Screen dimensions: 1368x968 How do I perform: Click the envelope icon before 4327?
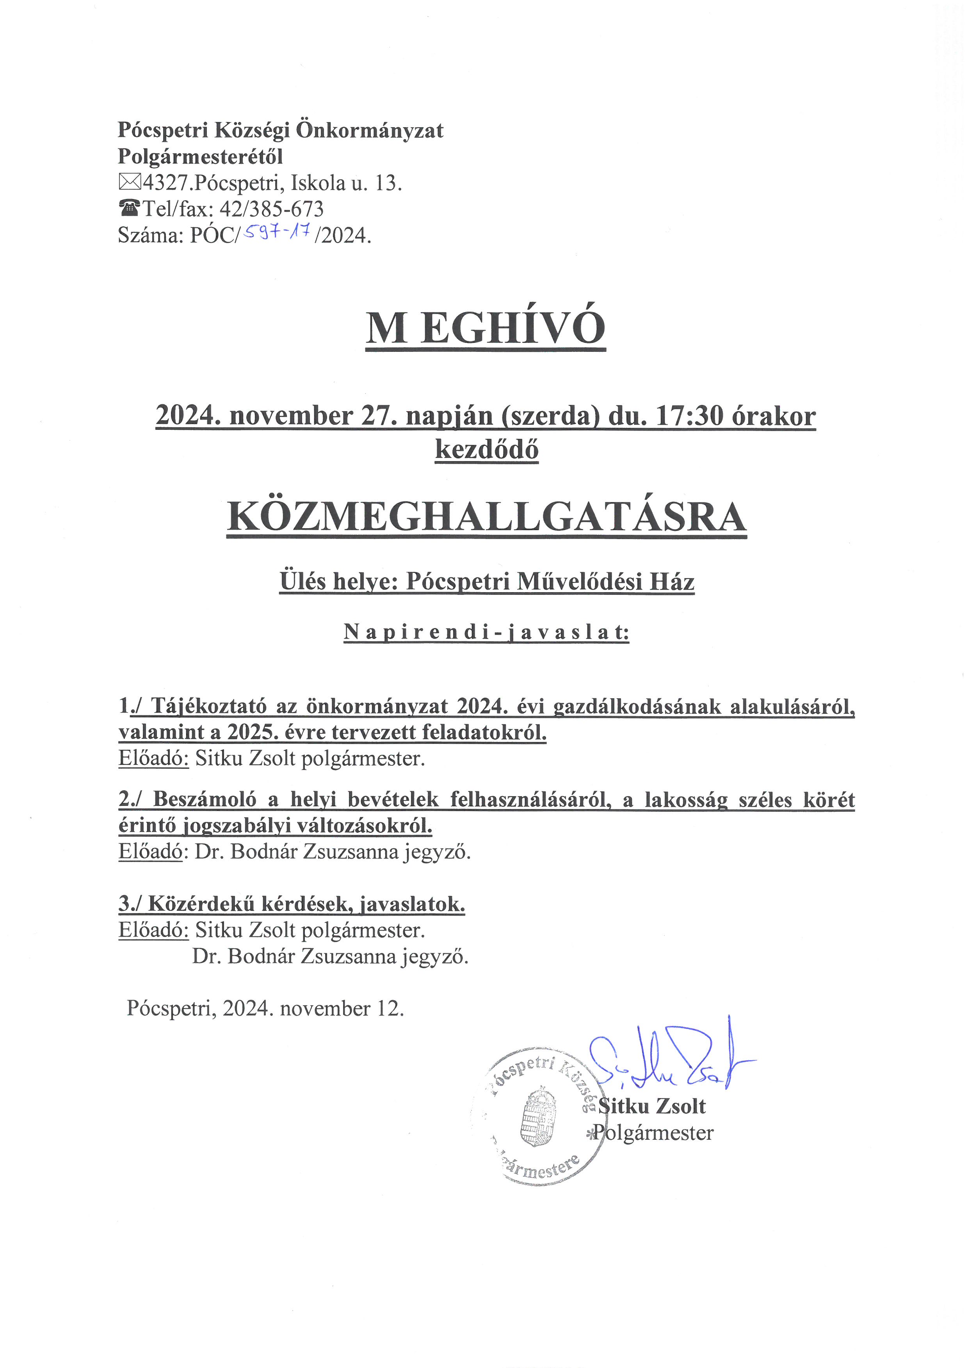tap(130, 183)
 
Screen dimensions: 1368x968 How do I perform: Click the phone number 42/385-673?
tap(272, 209)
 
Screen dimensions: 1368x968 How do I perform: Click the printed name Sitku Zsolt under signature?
tap(652, 1106)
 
